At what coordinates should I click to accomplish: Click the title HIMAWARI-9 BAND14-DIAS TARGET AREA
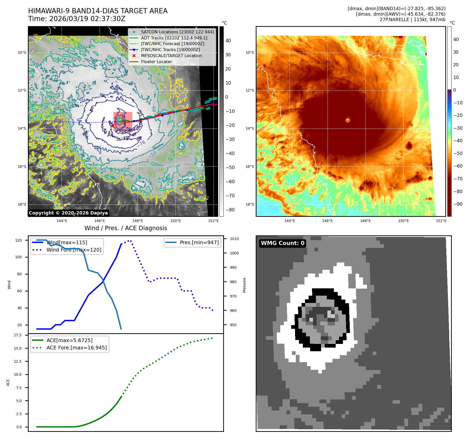click(98, 11)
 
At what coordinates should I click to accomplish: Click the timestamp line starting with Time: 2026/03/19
click(77, 19)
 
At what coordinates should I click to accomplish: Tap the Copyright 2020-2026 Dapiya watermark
click(68, 213)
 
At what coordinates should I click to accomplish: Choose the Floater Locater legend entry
click(156, 62)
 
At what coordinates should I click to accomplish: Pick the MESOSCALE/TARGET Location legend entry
click(171, 56)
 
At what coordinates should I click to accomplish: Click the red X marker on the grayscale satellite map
click(113, 125)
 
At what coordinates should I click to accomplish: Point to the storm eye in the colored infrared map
click(348, 120)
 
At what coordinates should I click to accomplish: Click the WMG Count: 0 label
click(283, 243)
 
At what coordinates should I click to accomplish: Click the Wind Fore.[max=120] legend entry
click(74, 250)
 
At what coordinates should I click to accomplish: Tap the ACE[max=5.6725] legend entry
click(69, 340)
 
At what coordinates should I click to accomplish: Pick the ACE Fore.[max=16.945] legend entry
click(77, 348)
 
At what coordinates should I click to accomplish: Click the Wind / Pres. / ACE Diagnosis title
click(126, 228)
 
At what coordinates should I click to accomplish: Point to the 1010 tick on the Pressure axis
click(234, 239)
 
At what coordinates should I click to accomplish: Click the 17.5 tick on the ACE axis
click(18, 335)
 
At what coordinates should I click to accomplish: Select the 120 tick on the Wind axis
click(18, 240)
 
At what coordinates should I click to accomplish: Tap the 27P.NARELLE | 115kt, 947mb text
click(412, 20)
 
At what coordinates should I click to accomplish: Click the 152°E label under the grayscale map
click(213, 221)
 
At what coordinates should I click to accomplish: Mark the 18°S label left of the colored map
click(249, 204)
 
